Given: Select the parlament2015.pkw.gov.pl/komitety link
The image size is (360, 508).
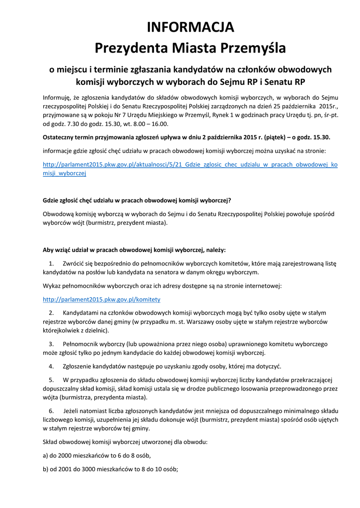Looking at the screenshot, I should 101,300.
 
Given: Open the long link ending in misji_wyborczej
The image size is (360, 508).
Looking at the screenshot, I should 190,164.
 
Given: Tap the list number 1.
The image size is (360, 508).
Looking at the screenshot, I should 51,263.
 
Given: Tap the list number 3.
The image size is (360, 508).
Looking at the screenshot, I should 51,344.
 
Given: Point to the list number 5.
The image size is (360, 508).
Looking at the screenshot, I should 51,380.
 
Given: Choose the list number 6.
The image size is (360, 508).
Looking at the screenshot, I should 51,411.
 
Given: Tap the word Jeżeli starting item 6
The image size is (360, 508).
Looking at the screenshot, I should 73,411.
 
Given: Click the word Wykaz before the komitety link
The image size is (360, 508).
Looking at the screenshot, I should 52,286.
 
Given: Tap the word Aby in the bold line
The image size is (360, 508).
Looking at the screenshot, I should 49,250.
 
